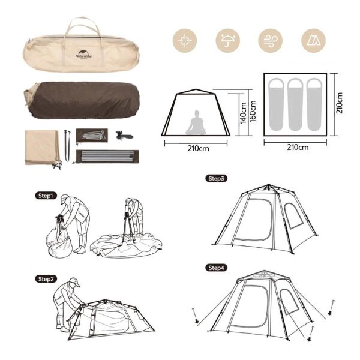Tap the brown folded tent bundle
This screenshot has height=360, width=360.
pos(81,101)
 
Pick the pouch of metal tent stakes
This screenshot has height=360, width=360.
pos(93,135)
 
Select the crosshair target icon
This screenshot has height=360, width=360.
pos(185,41)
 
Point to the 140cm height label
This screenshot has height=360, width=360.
pos(244,112)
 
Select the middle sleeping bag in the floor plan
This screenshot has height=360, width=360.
pos(295,104)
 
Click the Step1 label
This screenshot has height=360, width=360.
pos(46,196)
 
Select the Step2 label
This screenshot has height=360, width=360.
pos(46,278)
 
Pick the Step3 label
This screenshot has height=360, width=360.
pos(216,178)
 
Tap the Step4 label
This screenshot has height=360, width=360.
pos(216,267)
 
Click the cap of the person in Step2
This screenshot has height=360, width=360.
pos(74,282)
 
